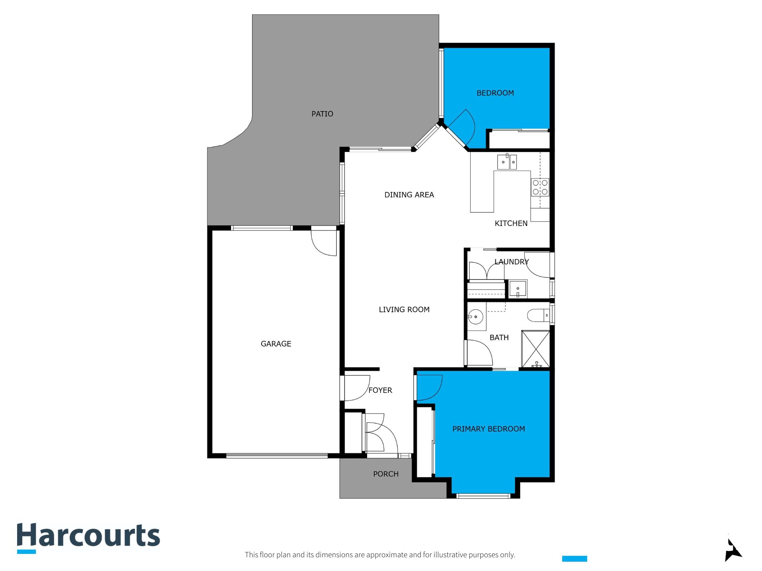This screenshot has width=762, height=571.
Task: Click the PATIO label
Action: click(322, 114)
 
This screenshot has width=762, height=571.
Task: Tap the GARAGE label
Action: click(276, 344)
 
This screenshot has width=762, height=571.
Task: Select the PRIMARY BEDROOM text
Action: click(489, 429)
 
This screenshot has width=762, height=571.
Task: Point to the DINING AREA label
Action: click(409, 195)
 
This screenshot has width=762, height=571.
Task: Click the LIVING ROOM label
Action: click(404, 310)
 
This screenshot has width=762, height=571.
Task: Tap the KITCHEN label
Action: click(511, 223)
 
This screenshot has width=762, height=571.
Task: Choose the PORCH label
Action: click(386, 474)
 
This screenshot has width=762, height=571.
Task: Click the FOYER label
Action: click(380, 390)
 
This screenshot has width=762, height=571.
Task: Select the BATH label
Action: click(499, 338)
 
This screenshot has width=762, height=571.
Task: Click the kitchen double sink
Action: click(507, 162)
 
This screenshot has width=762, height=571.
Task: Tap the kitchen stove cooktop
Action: click(540, 187)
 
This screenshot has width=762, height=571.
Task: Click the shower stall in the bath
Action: click(535, 349)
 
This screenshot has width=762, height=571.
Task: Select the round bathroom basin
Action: click(476, 317)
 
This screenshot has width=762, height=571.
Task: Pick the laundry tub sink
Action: click(518, 289)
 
